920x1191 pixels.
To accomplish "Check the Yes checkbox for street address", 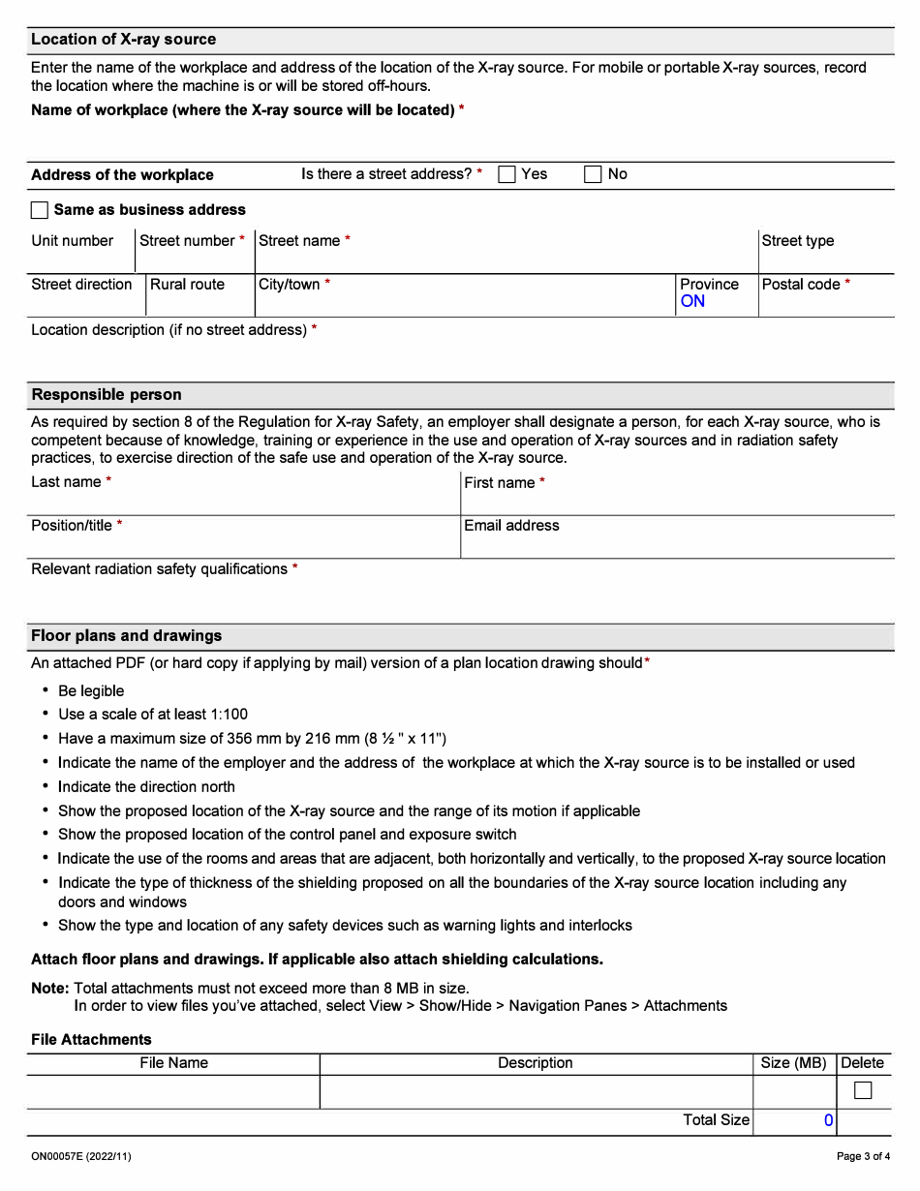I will point(506,174).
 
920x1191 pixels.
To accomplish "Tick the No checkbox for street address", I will point(593,174).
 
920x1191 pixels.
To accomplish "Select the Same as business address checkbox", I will point(40,210).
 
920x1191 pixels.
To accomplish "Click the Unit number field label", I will point(72,241).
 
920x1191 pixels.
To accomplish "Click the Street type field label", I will point(797,241).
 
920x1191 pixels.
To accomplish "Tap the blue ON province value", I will point(692,301).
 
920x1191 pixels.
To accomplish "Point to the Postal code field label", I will point(801,285).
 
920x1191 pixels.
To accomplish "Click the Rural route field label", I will point(187,285).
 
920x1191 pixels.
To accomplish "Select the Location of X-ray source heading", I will point(123,40).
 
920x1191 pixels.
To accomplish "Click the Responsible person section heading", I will point(107,395).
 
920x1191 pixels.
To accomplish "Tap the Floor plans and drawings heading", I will point(126,636).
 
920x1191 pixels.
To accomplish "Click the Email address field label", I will point(511,526).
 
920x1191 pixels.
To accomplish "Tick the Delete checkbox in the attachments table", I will point(862,1091).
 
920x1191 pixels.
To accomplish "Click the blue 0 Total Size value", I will point(828,1120).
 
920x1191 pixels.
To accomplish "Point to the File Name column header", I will point(173,1063).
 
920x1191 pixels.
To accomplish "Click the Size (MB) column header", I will point(793,1063).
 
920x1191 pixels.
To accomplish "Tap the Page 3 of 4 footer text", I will point(863,1156).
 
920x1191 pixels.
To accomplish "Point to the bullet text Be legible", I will point(91,691).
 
